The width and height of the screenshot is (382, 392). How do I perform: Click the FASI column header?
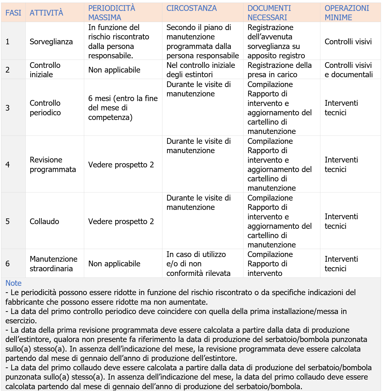click(x=13, y=13)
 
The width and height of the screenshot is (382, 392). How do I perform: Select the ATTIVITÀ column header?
click(x=46, y=13)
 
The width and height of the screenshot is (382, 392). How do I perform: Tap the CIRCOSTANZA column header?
click(x=191, y=8)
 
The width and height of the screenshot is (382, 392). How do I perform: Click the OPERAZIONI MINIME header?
click(x=347, y=13)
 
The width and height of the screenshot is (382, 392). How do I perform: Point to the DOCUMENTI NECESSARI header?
click(x=269, y=13)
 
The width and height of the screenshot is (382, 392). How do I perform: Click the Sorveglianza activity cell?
click(x=51, y=41)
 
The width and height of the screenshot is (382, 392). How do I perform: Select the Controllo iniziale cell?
click(x=45, y=70)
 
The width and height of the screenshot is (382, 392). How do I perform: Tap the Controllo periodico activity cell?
click(x=45, y=108)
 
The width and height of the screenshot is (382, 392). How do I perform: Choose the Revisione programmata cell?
click(x=53, y=164)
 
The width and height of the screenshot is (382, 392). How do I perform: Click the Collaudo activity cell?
click(x=44, y=221)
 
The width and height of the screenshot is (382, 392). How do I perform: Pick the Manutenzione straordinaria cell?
click(x=54, y=263)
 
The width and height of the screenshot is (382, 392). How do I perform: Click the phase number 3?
click(x=8, y=108)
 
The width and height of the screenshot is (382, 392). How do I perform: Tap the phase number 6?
click(x=8, y=263)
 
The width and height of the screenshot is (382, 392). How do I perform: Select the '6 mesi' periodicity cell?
click(x=123, y=108)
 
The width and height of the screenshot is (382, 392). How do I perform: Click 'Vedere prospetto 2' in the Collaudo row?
click(x=121, y=221)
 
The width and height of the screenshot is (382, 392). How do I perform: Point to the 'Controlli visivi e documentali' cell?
click(x=349, y=70)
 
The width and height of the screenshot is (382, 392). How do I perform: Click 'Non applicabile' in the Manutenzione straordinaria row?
click(x=114, y=263)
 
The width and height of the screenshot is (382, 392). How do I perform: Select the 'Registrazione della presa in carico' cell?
click(x=279, y=70)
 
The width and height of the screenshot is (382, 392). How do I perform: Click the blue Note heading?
click(x=13, y=283)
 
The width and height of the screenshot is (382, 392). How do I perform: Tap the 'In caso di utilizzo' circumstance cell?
click(x=198, y=263)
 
